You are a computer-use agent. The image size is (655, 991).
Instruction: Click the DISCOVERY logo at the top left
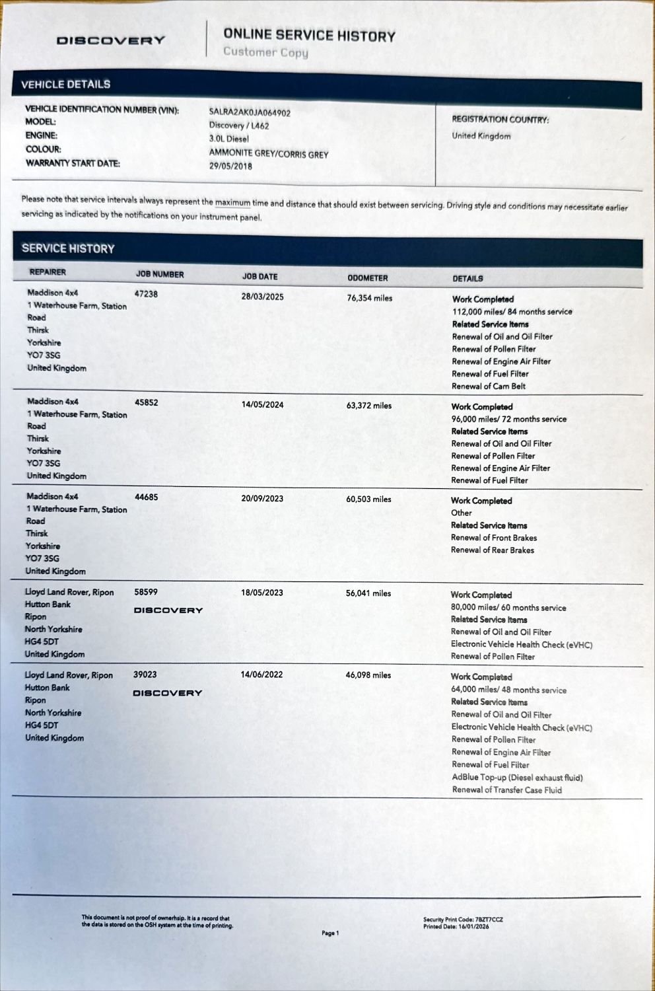click(110, 40)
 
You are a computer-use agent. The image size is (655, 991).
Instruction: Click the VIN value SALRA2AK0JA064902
click(250, 113)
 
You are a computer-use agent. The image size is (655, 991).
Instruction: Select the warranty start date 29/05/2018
click(230, 166)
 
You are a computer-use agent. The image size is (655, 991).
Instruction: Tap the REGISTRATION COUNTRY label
click(500, 120)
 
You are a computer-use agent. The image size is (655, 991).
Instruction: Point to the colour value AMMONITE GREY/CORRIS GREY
click(268, 154)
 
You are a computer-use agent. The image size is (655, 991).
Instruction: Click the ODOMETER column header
click(367, 278)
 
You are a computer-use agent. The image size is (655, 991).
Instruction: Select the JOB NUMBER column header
click(160, 275)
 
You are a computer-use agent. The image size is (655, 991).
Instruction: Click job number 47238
click(146, 294)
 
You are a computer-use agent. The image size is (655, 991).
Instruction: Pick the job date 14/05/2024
click(262, 404)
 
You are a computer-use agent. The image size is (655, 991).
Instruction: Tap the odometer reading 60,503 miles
click(368, 499)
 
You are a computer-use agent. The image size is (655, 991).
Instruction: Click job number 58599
click(145, 593)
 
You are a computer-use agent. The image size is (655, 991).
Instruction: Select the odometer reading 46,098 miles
click(368, 675)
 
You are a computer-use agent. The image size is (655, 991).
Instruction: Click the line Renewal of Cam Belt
click(488, 386)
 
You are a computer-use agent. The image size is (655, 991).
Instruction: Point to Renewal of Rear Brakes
click(492, 550)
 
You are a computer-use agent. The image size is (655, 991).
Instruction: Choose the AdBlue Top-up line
click(517, 778)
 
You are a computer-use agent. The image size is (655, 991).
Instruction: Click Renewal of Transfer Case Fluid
click(506, 790)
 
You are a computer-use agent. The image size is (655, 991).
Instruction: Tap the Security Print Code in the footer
click(463, 920)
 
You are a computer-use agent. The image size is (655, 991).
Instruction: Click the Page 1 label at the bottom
click(330, 933)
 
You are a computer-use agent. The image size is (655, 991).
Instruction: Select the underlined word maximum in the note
click(232, 203)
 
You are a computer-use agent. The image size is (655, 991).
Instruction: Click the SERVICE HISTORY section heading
click(68, 249)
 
